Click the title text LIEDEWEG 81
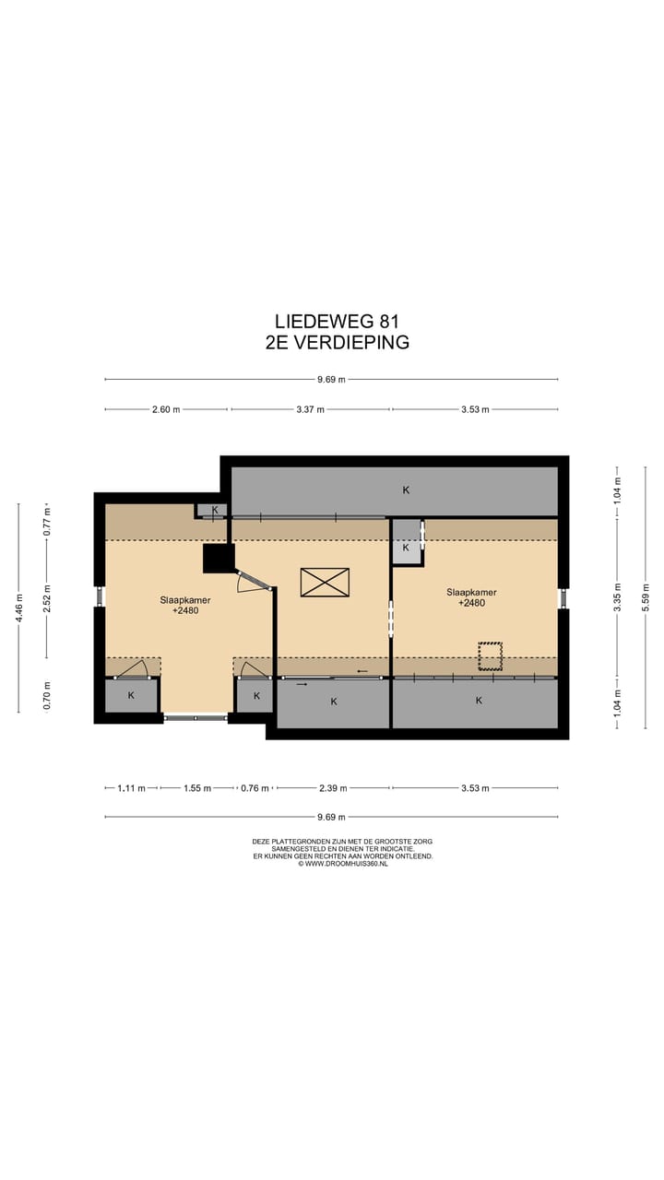pyautogui.click(x=337, y=321)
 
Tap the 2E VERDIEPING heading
pyautogui.click(x=338, y=342)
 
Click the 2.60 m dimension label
pyautogui.click(x=166, y=409)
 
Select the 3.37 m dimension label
pyautogui.click(x=310, y=409)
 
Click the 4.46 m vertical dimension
pyautogui.click(x=19, y=608)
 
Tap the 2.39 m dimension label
pyautogui.click(x=333, y=788)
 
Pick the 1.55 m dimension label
pyautogui.click(x=197, y=788)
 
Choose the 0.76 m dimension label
pyautogui.click(x=255, y=788)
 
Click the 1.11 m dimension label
pyautogui.click(x=131, y=788)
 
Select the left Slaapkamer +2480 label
pyautogui.click(x=185, y=606)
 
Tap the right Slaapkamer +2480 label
pyautogui.click(x=471, y=597)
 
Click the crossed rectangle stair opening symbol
pyautogui.click(x=325, y=582)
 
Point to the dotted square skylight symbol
pyautogui.click(x=490, y=655)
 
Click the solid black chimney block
pyautogui.click(x=219, y=559)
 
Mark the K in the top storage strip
pyautogui.click(x=406, y=490)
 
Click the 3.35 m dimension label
pyautogui.click(x=619, y=597)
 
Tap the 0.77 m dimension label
pyautogui.click(x=47, y=522)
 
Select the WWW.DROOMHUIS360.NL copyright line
pyautogui.click(x=342, y=864)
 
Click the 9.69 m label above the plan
pyautogui.click(x=331, y=379)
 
